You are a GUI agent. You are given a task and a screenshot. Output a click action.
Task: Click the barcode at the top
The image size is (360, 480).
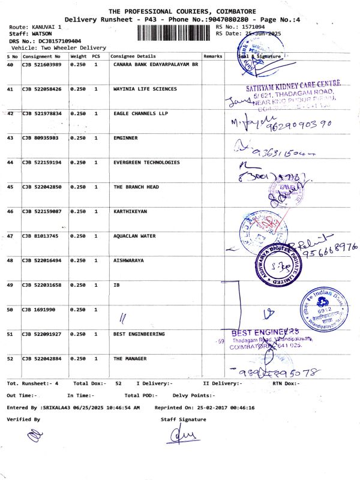[x=175, y=32]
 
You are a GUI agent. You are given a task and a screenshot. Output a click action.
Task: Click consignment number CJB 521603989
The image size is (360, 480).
[x=42, y=64]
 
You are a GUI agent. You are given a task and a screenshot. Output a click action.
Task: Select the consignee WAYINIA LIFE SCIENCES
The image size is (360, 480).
[x=145, y=89]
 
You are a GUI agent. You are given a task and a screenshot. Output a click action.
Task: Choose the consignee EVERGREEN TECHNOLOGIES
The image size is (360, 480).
[x=146, y=162]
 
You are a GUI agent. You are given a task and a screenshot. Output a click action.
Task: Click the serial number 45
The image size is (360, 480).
[x=10, y=187]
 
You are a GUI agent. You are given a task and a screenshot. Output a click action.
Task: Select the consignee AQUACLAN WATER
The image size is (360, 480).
[x=134, y=236]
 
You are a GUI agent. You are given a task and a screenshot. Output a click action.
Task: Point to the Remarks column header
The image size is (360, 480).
[x=213, y=56]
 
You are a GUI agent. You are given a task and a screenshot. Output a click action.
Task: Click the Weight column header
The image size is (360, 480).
[x=79, y=56]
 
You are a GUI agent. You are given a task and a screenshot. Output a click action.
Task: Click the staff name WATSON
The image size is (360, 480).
[x=34, y=34]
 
